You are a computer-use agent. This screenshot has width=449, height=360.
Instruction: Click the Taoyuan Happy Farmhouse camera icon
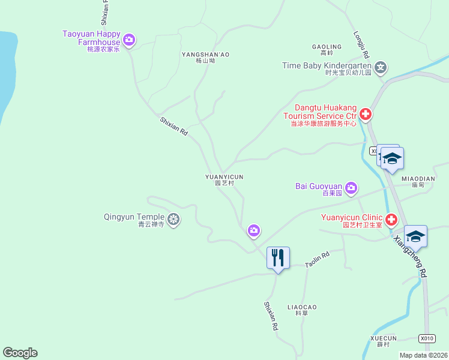tap(128, 40)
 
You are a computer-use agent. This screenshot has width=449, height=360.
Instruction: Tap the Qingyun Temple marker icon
tap(174, 220)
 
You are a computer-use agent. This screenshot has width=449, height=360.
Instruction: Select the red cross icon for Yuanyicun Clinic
tap(391, 220)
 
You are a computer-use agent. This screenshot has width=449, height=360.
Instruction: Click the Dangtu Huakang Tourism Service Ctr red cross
tap(365, 114)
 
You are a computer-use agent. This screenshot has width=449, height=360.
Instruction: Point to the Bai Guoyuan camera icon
tap(351, 188)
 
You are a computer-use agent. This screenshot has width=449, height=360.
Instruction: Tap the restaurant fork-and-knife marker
tap(278, 258)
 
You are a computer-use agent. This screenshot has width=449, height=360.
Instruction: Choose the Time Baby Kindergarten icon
tap(380, 66)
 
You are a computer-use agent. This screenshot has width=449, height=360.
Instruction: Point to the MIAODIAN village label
tap(418, 179)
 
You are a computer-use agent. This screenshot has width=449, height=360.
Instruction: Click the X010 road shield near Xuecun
tap(426, 338)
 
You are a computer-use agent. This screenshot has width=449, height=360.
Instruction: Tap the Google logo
tap(20, 353)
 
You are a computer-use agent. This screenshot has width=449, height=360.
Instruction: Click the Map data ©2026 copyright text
tap(423, 355)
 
